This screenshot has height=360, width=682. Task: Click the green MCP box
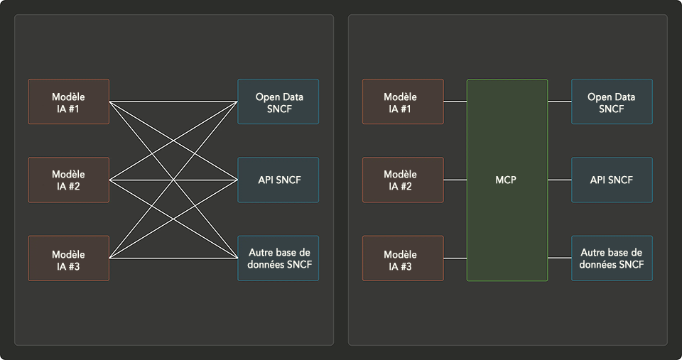[507, 180]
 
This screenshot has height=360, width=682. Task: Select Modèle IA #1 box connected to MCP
[403, 102]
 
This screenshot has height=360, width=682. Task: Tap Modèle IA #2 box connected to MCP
[403, 180]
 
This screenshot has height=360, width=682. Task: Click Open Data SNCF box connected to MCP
[612, 102]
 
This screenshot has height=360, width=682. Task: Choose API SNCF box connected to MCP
[612, 180]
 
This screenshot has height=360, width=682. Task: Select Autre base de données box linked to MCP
[612, 258]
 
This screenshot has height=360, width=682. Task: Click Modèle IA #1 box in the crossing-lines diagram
[68, 102]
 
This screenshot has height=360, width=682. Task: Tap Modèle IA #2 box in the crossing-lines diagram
[68, 180]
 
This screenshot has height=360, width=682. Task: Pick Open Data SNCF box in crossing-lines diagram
[278, 102]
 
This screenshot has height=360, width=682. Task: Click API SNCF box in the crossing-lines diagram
[278, 180]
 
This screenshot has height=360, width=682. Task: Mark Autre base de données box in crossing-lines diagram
[278, 258]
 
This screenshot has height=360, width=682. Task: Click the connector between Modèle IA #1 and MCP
[455, 102]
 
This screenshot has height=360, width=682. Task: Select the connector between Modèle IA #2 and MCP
[455, 180]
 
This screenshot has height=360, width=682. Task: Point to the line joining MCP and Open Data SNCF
[560, 102]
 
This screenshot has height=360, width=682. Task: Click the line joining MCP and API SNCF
[560, 180]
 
